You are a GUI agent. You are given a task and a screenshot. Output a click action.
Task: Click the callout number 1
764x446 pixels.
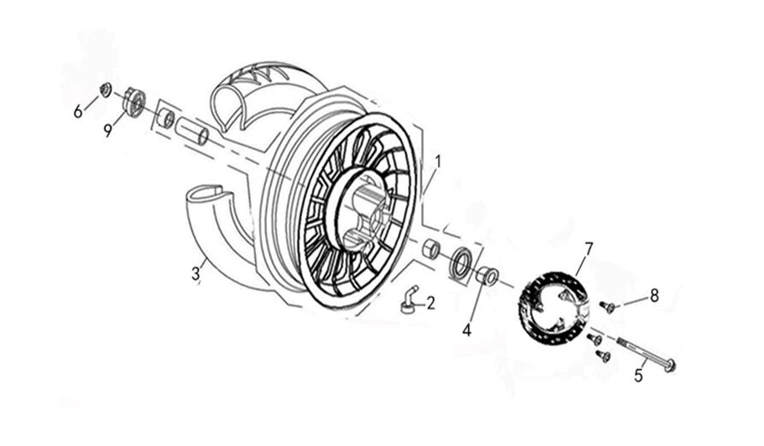point(438,161)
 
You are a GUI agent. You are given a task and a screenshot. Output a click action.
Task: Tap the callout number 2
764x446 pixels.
point(430,303)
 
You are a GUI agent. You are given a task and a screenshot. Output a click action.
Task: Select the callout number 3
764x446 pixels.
point(195,273)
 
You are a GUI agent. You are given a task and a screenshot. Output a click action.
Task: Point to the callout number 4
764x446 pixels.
point(467,331)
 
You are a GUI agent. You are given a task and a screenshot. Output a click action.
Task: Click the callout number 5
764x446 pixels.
point(638,375)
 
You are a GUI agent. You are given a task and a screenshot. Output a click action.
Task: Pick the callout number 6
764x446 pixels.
point(78,112)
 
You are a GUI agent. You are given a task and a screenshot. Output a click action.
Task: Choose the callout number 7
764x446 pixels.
point(588,249)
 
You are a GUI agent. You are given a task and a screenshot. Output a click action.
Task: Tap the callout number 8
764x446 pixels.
point(654,295)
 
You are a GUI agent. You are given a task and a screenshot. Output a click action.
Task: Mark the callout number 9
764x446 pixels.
point(108,131)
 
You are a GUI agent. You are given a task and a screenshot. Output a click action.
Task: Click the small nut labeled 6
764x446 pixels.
point(104,90)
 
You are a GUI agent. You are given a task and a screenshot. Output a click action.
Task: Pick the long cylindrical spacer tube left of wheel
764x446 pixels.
point(192,131)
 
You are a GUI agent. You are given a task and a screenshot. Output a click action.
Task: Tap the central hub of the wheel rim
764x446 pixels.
point(363,210)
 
